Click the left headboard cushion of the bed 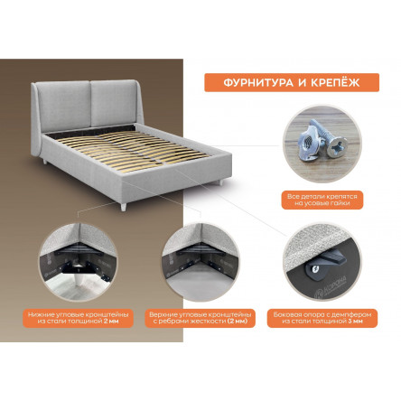point(64,107)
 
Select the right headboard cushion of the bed point(113,103)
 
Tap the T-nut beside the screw point(307,144)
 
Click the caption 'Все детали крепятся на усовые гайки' point(322,200)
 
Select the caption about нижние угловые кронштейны point(79,318)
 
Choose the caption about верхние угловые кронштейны point(200,318)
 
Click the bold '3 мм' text point(356,322)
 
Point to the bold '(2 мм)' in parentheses point(237,322)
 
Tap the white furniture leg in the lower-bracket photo point(79,277)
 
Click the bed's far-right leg point(221,182)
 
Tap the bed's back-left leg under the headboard point(45,162)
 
